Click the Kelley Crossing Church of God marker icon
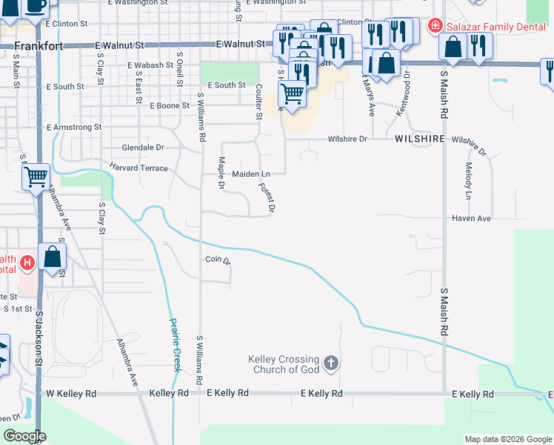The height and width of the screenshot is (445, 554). pyautogui.click(x=331, y=363)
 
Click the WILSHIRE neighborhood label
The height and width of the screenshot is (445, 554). pyautogui.click(x=419, y=139)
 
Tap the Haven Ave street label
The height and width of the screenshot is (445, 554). pyautogui.click(x=473, y=219)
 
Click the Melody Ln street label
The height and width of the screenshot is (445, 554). pyautogui.click(x=468, y=181)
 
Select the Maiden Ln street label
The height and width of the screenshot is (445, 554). pyautogui.click(x=251, y=174)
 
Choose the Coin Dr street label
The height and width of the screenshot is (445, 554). pyautogui.click(x=218, y=260)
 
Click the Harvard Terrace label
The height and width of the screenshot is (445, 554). pyautogui.click(x=138, y=168)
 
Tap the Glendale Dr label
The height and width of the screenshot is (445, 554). pyautogui.click(x=142, y=148)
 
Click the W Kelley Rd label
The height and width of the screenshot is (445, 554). pyautogui.click(x=71, y=393)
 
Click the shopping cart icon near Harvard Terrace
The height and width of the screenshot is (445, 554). pyautogui.click(x=36, y=177)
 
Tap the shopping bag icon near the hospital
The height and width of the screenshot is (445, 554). pyautogui.click(x=52, y=257)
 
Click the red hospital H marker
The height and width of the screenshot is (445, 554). pyautogui.click(x=27, y=263)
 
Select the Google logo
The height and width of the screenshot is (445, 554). pyautogui.click(x=24, y=436)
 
